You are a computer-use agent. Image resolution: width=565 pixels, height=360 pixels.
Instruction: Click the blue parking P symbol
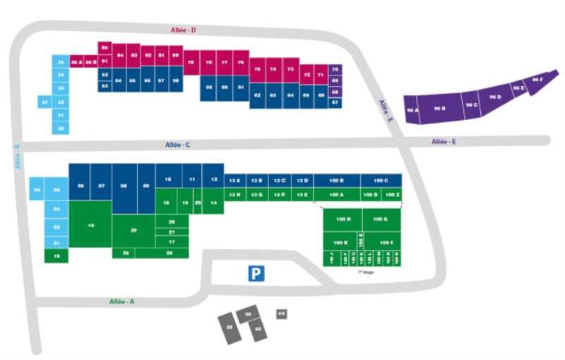[x=256, y=273]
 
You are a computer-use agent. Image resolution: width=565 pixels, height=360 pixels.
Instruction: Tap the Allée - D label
[x=183, y=30]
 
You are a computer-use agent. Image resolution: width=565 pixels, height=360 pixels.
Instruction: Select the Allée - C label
[x=177, y=145]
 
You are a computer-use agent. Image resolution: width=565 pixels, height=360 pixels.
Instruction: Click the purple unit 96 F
[x=537, y=81]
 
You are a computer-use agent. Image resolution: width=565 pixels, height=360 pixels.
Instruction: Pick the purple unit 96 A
[x=412, y=110]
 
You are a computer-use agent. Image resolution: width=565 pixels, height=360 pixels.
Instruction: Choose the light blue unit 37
[x=44, y=102]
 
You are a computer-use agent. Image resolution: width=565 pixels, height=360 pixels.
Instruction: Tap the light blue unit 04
[x=37, y=190]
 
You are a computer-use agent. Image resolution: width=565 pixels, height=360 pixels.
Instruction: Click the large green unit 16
[x=90, y=224]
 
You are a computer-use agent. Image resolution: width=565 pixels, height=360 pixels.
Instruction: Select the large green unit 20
[x=133, y=231]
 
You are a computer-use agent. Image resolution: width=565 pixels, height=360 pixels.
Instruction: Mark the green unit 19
[x=56, y=256]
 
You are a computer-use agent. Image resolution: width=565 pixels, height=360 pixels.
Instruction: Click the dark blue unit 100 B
[x=337, y=180]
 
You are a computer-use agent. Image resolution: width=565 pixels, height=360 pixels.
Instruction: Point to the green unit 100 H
[x=343, y=220]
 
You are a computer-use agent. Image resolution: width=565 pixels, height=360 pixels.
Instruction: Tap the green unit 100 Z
[x=392, y=194]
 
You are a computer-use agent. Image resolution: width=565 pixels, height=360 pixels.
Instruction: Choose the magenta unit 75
[x=191, y=62]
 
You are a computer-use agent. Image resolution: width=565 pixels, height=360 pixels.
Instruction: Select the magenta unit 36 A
[x=76, y=62]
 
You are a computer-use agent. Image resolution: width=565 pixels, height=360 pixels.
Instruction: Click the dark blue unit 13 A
[x=236, y=180]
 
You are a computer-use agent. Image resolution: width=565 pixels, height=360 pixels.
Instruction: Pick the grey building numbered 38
[x=230, y=328]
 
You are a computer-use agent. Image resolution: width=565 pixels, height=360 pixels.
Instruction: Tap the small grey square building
[x=281, y=313]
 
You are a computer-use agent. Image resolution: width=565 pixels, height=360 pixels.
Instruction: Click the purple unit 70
[x=335, y=69]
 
